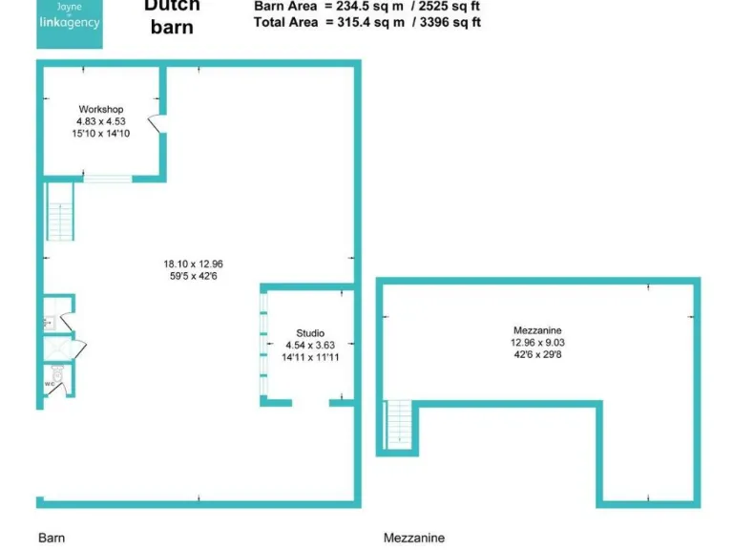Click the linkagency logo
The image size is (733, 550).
(68, 22)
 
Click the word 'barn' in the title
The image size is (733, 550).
(172, 28)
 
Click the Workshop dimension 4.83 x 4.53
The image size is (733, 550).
(100, 121)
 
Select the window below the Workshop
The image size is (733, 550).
(107, 178)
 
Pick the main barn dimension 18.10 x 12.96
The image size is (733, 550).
(193, 264)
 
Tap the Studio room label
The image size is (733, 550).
(310, 333)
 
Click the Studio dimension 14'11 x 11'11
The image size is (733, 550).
(310, 356)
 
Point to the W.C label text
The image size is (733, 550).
(49, 385)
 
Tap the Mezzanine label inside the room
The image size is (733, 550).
(536, 330)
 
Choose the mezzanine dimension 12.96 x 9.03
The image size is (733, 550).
(536, 342)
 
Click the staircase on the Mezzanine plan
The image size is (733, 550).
(399, 425)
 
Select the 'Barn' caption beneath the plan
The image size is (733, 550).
(52, 538)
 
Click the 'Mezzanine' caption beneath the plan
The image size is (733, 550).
(413, 538)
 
